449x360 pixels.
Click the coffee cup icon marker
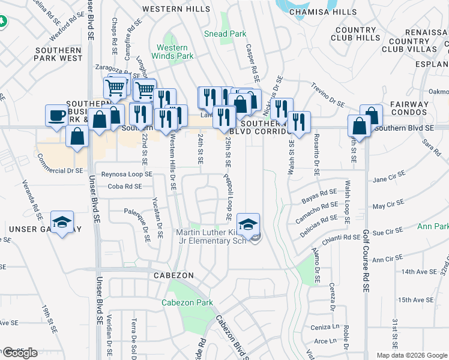(58, 115)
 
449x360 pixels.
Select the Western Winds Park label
(175, 52)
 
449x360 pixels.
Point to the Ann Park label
(433, 227)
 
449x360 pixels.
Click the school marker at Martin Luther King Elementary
(249, 224)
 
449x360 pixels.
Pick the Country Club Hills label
(355, 34)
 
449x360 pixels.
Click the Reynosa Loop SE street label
(127, 174)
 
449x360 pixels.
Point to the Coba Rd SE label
(125, 186)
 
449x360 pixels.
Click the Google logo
(20, 353)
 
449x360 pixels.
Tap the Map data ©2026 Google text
(412, 355)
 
